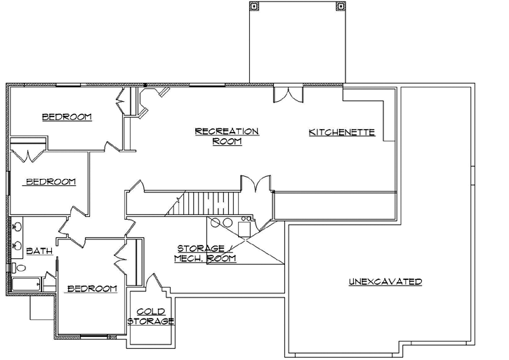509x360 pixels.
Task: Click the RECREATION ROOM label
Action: [227, 136]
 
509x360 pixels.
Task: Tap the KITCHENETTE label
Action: [342, 132]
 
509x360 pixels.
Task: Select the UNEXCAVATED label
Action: [385, 282]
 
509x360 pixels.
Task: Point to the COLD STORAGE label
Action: [150, 316]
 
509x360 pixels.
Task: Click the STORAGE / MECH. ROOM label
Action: [206, 253]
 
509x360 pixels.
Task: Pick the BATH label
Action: [36, 251]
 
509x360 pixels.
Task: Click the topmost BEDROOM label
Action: [67, 117]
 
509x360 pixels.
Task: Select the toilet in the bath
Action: [19, 268]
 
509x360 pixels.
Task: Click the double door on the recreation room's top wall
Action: [288, 94]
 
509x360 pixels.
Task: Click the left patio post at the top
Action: [255, 6]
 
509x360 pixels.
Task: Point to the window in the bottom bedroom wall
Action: [91, 338]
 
